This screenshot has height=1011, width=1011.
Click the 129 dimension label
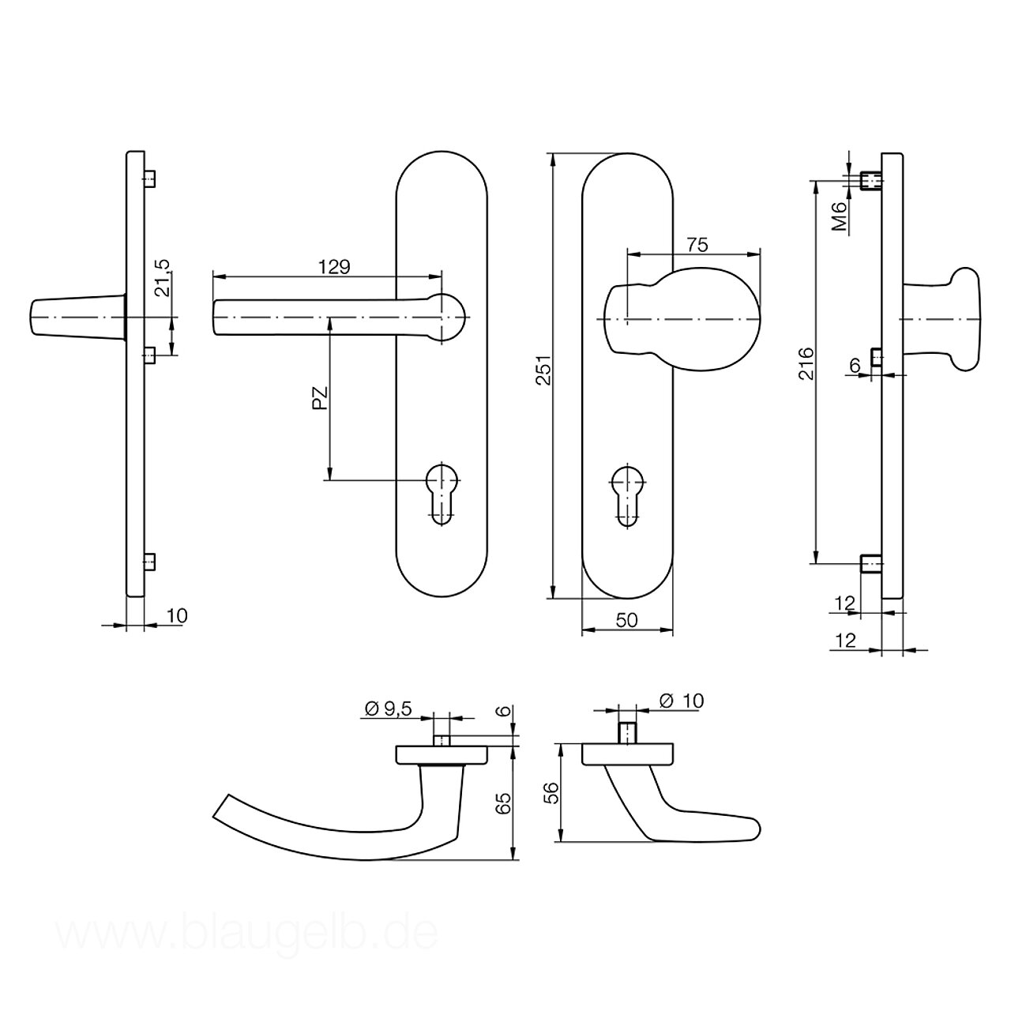tap(334, 267)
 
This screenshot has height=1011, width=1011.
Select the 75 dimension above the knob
tap(697, 245)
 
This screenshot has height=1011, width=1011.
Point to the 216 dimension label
tap(806, 363)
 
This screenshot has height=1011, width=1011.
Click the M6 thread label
tap(840, 216)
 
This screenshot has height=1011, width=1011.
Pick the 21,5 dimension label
tap(163, 278)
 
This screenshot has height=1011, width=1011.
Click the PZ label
tap(320, 398)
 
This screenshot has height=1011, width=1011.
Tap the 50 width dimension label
tap(626, 620)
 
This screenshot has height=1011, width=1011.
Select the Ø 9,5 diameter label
tap(388, 708)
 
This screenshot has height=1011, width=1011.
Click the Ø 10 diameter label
tap(682, 701)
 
